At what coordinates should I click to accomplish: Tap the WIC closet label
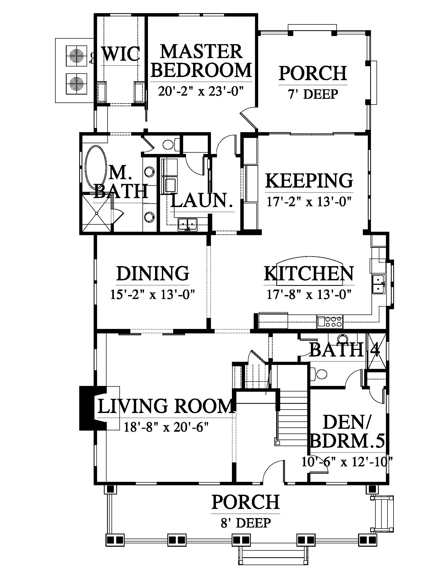[x=121, y=53]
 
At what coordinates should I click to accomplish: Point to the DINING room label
[x=153, y=273]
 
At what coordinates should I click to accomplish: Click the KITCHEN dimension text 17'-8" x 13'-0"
[x=309, y=294]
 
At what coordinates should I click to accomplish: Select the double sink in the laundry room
[x=188, y=224]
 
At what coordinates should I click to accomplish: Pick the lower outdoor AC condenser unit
[x=76, y=83]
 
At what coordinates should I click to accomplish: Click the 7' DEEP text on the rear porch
[x=313, y=94]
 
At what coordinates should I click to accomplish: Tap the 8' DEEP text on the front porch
[x=246, y=523]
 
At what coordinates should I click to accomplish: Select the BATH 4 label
[x=344, y=350]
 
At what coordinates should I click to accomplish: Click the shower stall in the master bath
[x=97, y=213]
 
